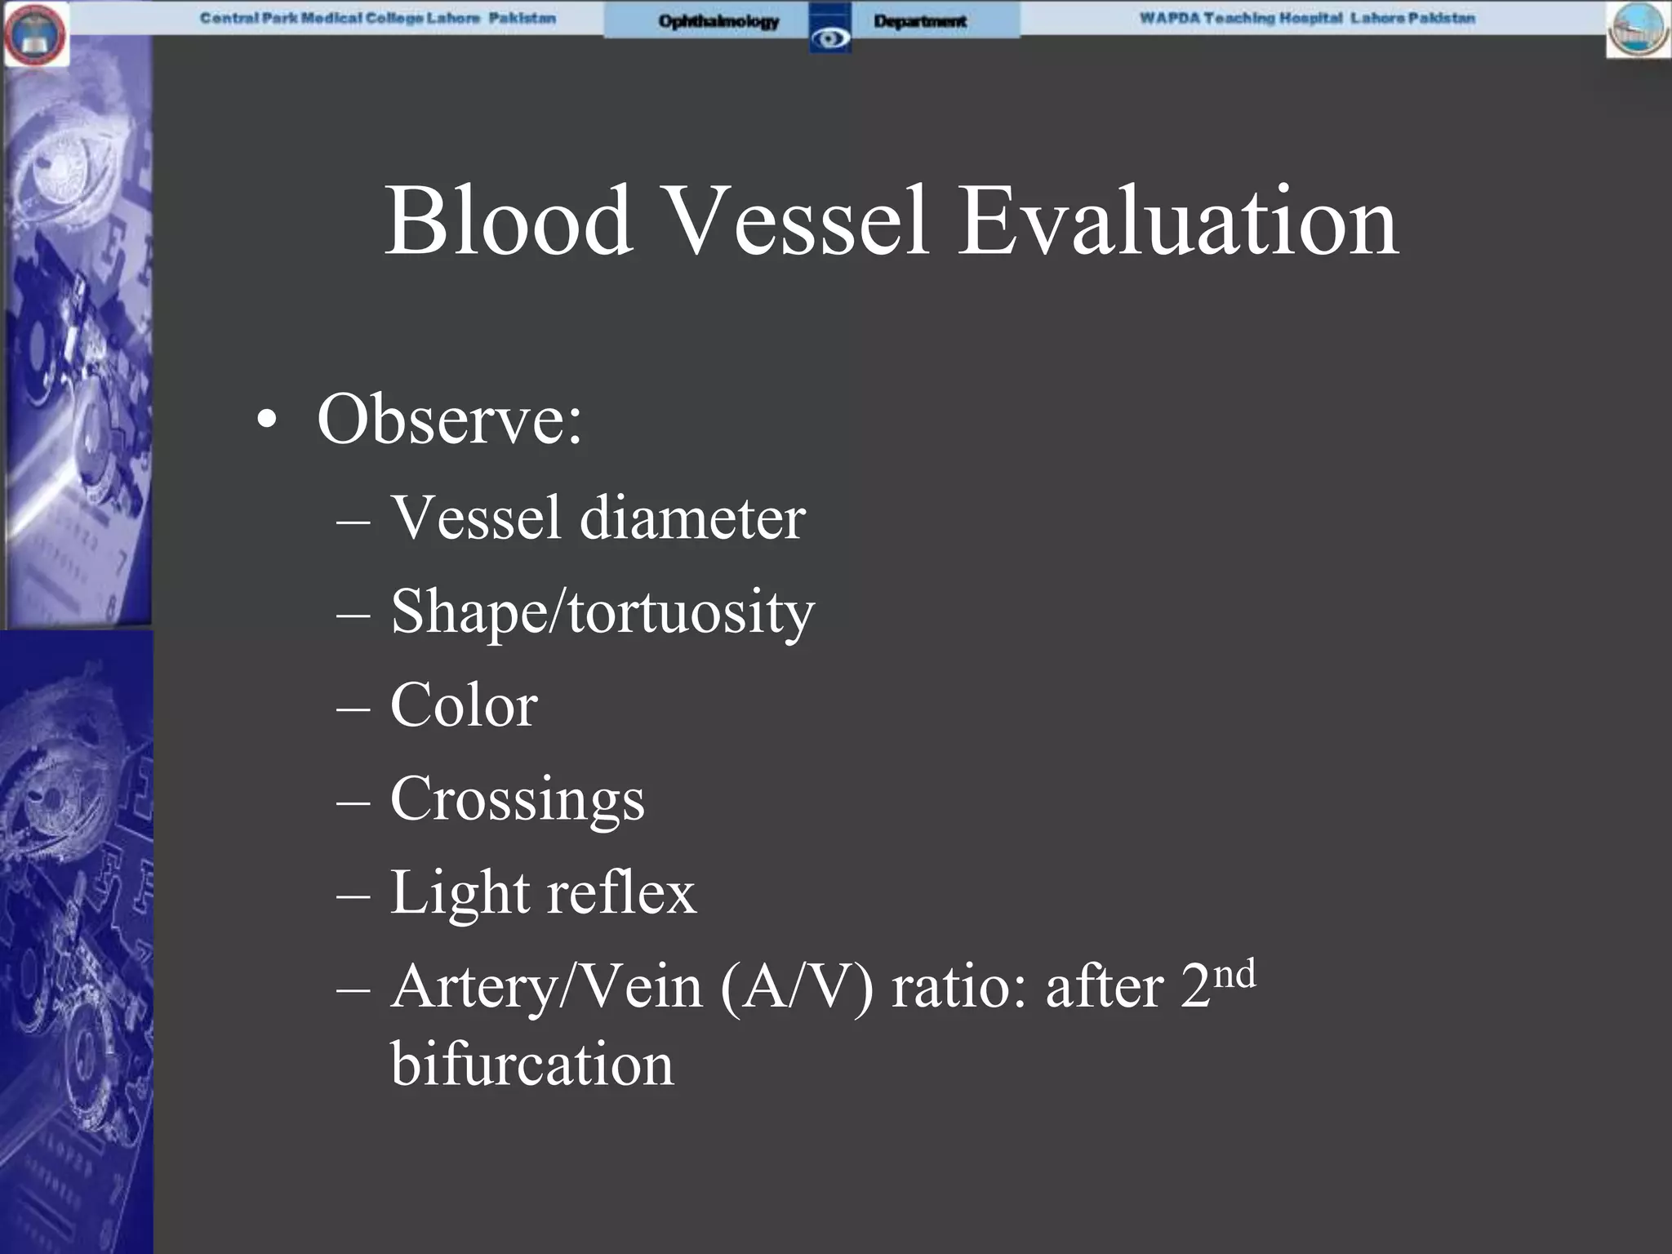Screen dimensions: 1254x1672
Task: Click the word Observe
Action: [449, 420]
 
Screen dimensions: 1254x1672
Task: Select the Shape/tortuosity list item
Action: [603, 612]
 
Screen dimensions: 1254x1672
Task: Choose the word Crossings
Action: [518, 800]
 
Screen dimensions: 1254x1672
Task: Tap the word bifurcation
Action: [532, 1065]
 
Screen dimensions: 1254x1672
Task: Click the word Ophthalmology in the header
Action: [718, 21]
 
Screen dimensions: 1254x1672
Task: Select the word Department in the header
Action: [920, 21]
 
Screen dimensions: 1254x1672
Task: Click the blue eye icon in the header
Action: [830, 36]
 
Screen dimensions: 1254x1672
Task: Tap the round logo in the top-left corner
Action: [35, 34]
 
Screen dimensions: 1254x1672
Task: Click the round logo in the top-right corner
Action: [1638, 31]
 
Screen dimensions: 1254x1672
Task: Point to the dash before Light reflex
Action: [353, 895]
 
